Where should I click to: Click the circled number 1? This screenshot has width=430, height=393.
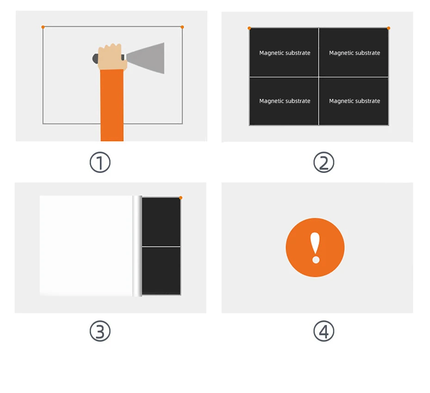click(x=100, y=162)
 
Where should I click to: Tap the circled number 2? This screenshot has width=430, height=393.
click(x=324, y=162)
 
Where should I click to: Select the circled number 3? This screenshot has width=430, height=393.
click(x=100, y=331)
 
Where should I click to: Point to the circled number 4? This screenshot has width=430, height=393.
click(x=324, y=331)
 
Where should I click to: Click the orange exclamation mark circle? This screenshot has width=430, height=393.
click(x=315, y=247)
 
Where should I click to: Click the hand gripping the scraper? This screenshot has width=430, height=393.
click(x=112, y=57)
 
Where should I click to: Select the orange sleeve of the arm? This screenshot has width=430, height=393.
click(x=111, y=105)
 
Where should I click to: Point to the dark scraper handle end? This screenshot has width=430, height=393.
click(x=95, y=58)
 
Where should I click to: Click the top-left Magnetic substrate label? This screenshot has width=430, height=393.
click(x=285, y=53)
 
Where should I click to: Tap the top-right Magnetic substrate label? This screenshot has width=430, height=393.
click(x=355, y=53)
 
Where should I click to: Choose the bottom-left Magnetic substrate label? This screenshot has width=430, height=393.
click(x=285, y=101)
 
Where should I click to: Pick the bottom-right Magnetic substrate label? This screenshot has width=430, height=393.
click(x=355, y=101)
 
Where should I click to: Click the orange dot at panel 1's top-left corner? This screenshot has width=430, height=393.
click(x=43, y=27)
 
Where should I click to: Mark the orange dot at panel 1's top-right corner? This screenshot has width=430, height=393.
click(x=182, y=27)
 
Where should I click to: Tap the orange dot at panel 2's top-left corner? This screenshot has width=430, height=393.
click(x=249, y=28)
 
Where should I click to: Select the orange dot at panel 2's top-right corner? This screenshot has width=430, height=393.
click(x=388, y=28)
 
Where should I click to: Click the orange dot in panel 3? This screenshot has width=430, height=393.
click(x=180, y=198)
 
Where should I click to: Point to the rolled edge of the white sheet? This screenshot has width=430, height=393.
click(x=137, y=246)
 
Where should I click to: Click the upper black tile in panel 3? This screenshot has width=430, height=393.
click(x=161, y=222)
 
